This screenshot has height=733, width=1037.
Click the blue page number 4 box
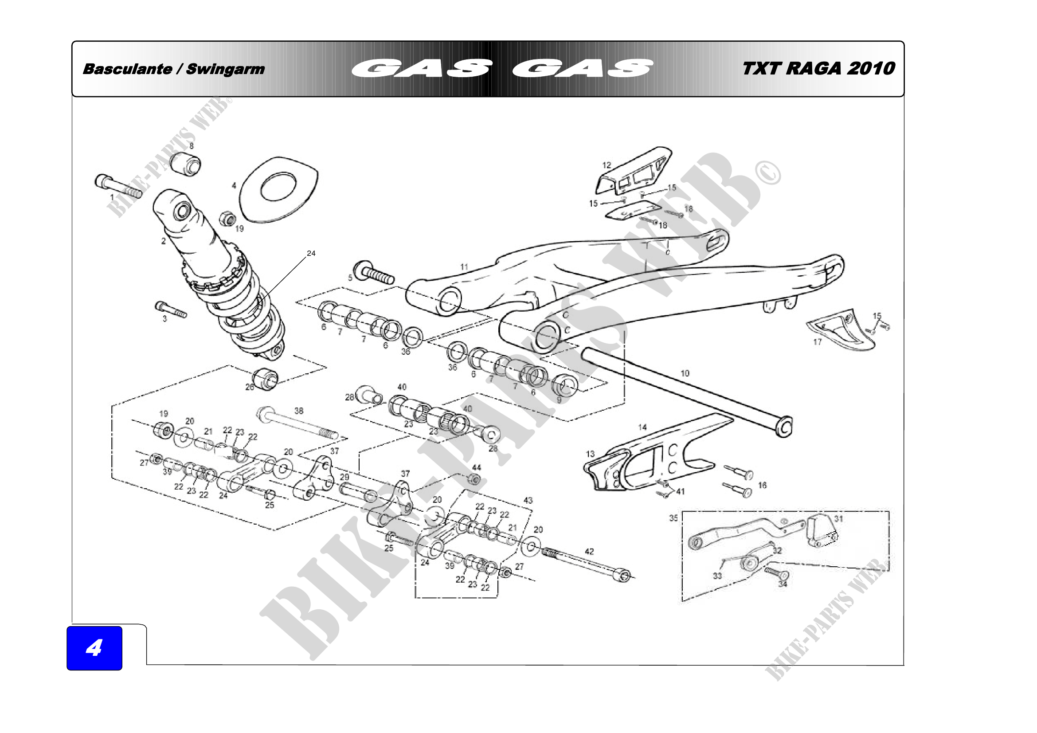pyautogui.click(x=94, y=648)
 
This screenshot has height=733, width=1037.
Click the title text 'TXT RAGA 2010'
pyautogui.click(x=818, y=69)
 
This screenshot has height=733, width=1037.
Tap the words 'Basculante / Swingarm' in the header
pyautogui.click(x=173, y=69)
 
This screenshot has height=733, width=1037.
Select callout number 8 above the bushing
pyautogui.click(x=192, y=146)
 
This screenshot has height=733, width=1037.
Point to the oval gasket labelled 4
pyautogui.click(x=279, y=189)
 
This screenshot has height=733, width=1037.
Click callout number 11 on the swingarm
pyautogui.click(x=464, y=267)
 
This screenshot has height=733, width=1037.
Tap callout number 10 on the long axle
pyautogui.click(x=685, y=373)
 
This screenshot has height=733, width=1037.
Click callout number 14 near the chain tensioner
pyautogui.click(x=642, y=427)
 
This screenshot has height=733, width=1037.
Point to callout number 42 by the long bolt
pyautogui.click(x=589, y=551)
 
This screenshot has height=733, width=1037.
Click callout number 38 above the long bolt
pyautogui.click(x=298, y=411)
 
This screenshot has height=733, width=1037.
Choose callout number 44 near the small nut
pyautogui.click(x=477, y=467)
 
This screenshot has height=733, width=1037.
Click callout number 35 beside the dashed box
pyautogui.click(x=673, y=517)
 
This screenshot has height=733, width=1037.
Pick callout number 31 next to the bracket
pyautogui.click(x=838, y=518)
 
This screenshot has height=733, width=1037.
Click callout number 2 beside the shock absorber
pyautogui.click(x=164, y=241)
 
